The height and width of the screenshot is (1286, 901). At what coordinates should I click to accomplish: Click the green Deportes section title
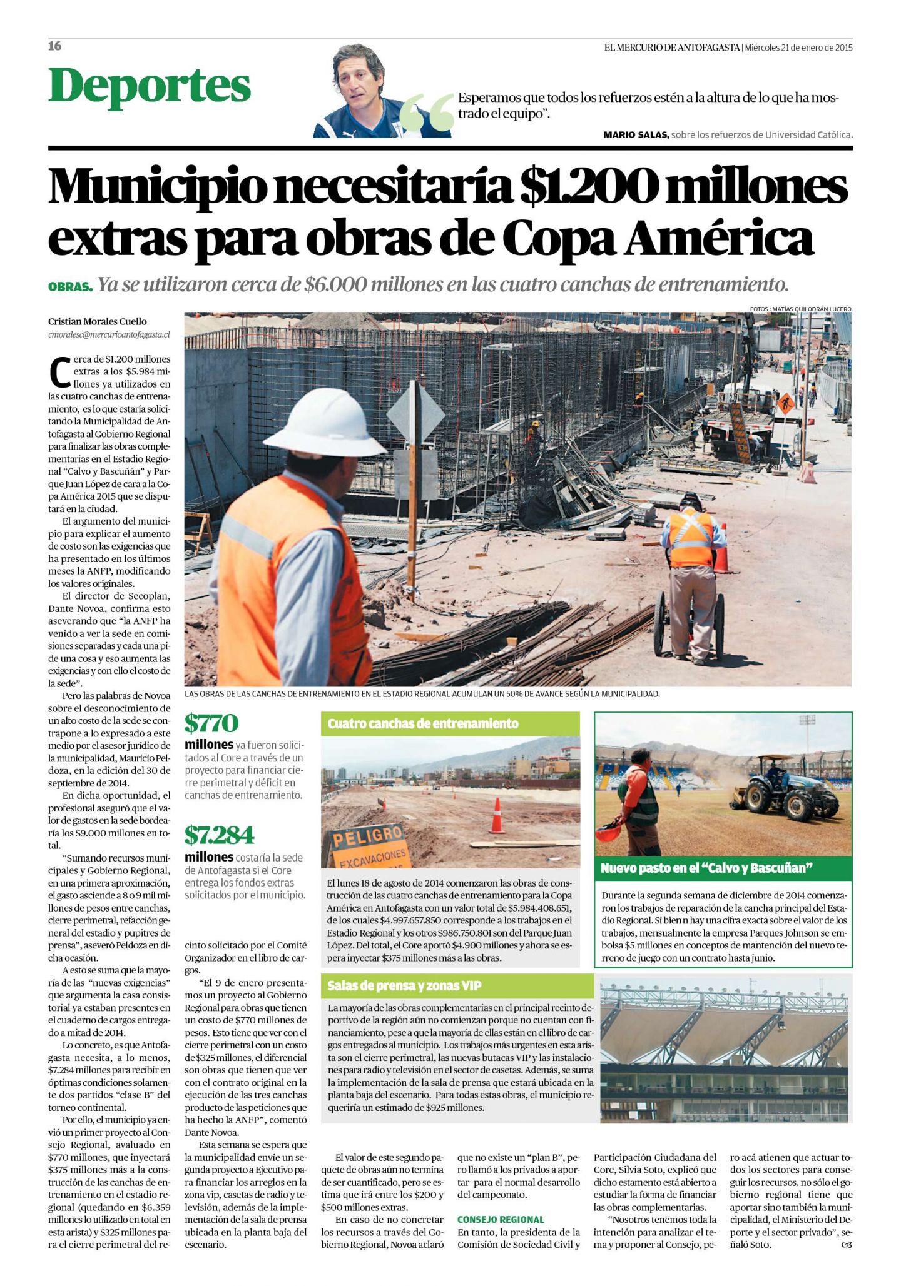pos(150,86)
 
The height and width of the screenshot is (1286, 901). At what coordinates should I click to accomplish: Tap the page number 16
pos(55,46)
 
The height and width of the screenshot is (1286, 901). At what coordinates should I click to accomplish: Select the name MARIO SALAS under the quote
pos(636,134)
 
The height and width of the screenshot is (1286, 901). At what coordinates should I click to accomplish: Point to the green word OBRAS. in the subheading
pos(70,287)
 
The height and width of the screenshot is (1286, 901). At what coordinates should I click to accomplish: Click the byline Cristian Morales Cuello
pos(98,321)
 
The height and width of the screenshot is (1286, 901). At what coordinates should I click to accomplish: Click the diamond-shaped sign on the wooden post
pos(415,413)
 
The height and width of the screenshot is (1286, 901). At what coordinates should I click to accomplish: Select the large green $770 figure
pos(211,723)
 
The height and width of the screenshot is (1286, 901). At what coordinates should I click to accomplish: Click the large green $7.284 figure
pos(219,835)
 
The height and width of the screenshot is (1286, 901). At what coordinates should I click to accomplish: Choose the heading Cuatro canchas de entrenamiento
pos(423,724)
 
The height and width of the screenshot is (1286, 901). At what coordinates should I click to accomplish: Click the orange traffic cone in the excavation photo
pos(497,816)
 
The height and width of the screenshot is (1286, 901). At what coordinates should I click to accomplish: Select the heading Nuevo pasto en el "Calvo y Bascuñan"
pos(706,868)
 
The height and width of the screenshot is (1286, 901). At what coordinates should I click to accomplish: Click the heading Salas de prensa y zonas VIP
pos(404,986)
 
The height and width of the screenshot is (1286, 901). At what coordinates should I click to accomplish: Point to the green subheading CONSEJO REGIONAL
pos(501,1219)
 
